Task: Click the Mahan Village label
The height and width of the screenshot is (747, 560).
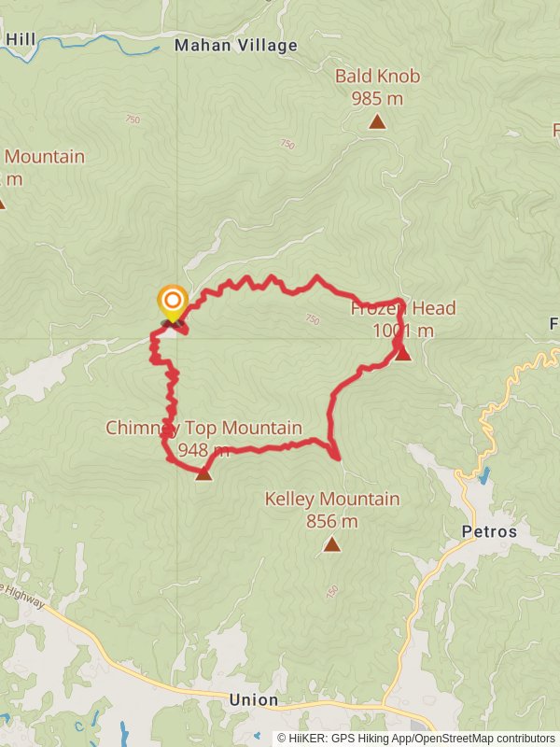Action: click(x=236, y=45)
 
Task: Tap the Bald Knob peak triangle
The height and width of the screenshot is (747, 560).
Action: click(x=377, y=121)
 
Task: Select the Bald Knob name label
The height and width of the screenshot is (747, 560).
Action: click(x=377, y=77)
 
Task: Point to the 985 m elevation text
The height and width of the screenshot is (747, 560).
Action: click(x=377, y=97)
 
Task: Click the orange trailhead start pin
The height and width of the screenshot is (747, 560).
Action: click(x=173, y=301)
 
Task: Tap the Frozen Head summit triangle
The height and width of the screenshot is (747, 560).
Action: click(x=403, y=354)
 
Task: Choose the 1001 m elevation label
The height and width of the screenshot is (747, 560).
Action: click(x=403, y=331)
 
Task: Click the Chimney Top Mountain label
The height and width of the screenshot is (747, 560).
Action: click(x=203, y=429)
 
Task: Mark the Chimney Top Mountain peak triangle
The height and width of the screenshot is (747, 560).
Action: click(x=203, y=474)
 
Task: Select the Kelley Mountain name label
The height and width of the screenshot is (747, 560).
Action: click(x=332, y=500)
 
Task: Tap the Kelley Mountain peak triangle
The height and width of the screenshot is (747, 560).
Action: click(x=331, y=544)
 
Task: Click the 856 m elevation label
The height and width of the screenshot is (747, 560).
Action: click(x=332, y=522)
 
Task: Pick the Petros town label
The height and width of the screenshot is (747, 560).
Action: click(x=489, y=532)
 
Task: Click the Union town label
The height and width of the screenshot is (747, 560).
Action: click(x=254, y=699)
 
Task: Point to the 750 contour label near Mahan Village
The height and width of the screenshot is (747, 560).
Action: click(x=132, y=120)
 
